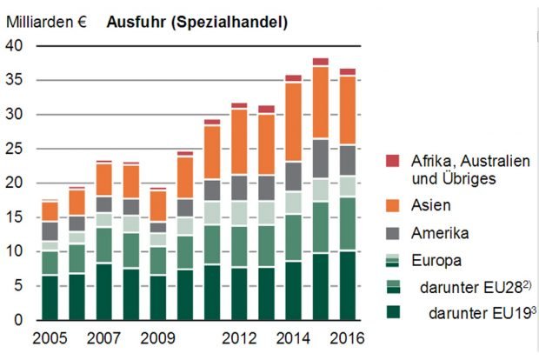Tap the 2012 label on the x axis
(239, 337)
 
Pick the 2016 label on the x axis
(348, 337)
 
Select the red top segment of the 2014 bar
(294, 78)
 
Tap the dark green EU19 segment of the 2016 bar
(348, 285)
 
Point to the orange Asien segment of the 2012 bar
(240, 142)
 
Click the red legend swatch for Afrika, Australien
(393, 160)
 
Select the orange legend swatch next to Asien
(393, 205)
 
